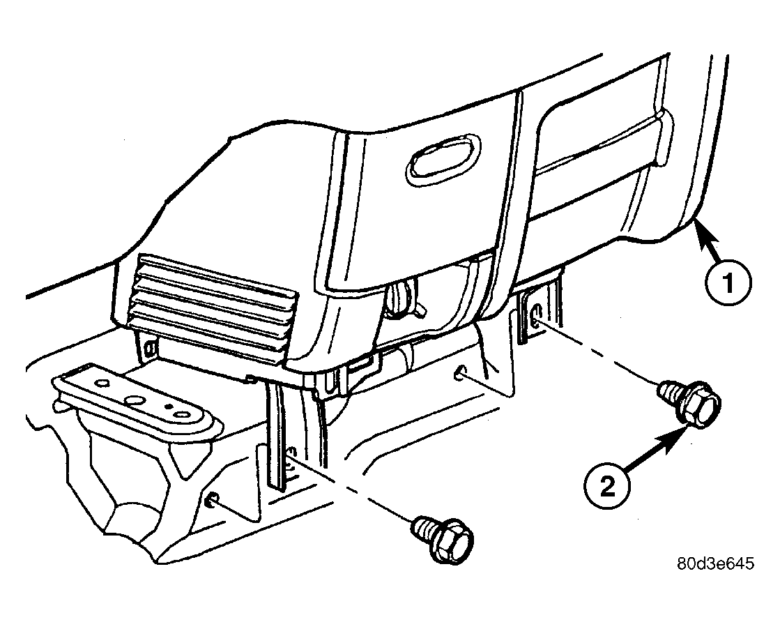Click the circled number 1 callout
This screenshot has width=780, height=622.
click(728, 283)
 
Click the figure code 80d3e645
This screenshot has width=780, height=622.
click(715, 563)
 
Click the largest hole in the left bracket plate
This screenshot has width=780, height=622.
click(135, 400)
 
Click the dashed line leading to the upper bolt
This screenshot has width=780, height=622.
click(601, 355)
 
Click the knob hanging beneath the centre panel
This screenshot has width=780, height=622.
click(404, 300)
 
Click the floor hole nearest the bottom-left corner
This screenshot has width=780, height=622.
click(211, 500)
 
